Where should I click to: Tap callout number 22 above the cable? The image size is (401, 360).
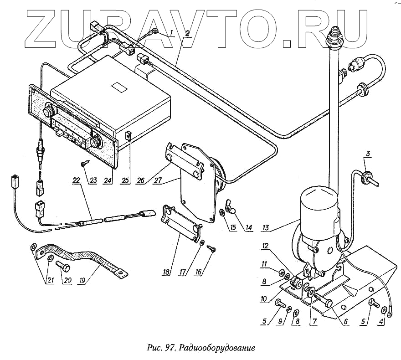76,180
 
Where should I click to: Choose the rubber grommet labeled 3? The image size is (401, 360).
363,176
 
